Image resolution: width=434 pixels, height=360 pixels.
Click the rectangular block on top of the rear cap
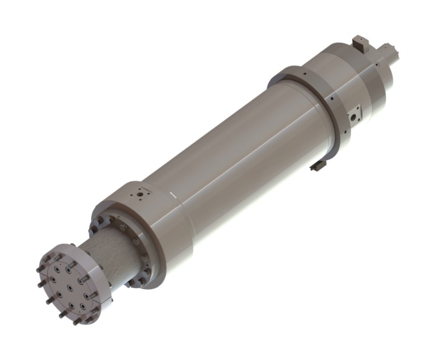coord(360,44)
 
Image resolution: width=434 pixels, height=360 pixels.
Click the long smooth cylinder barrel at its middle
coord(242,149)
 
